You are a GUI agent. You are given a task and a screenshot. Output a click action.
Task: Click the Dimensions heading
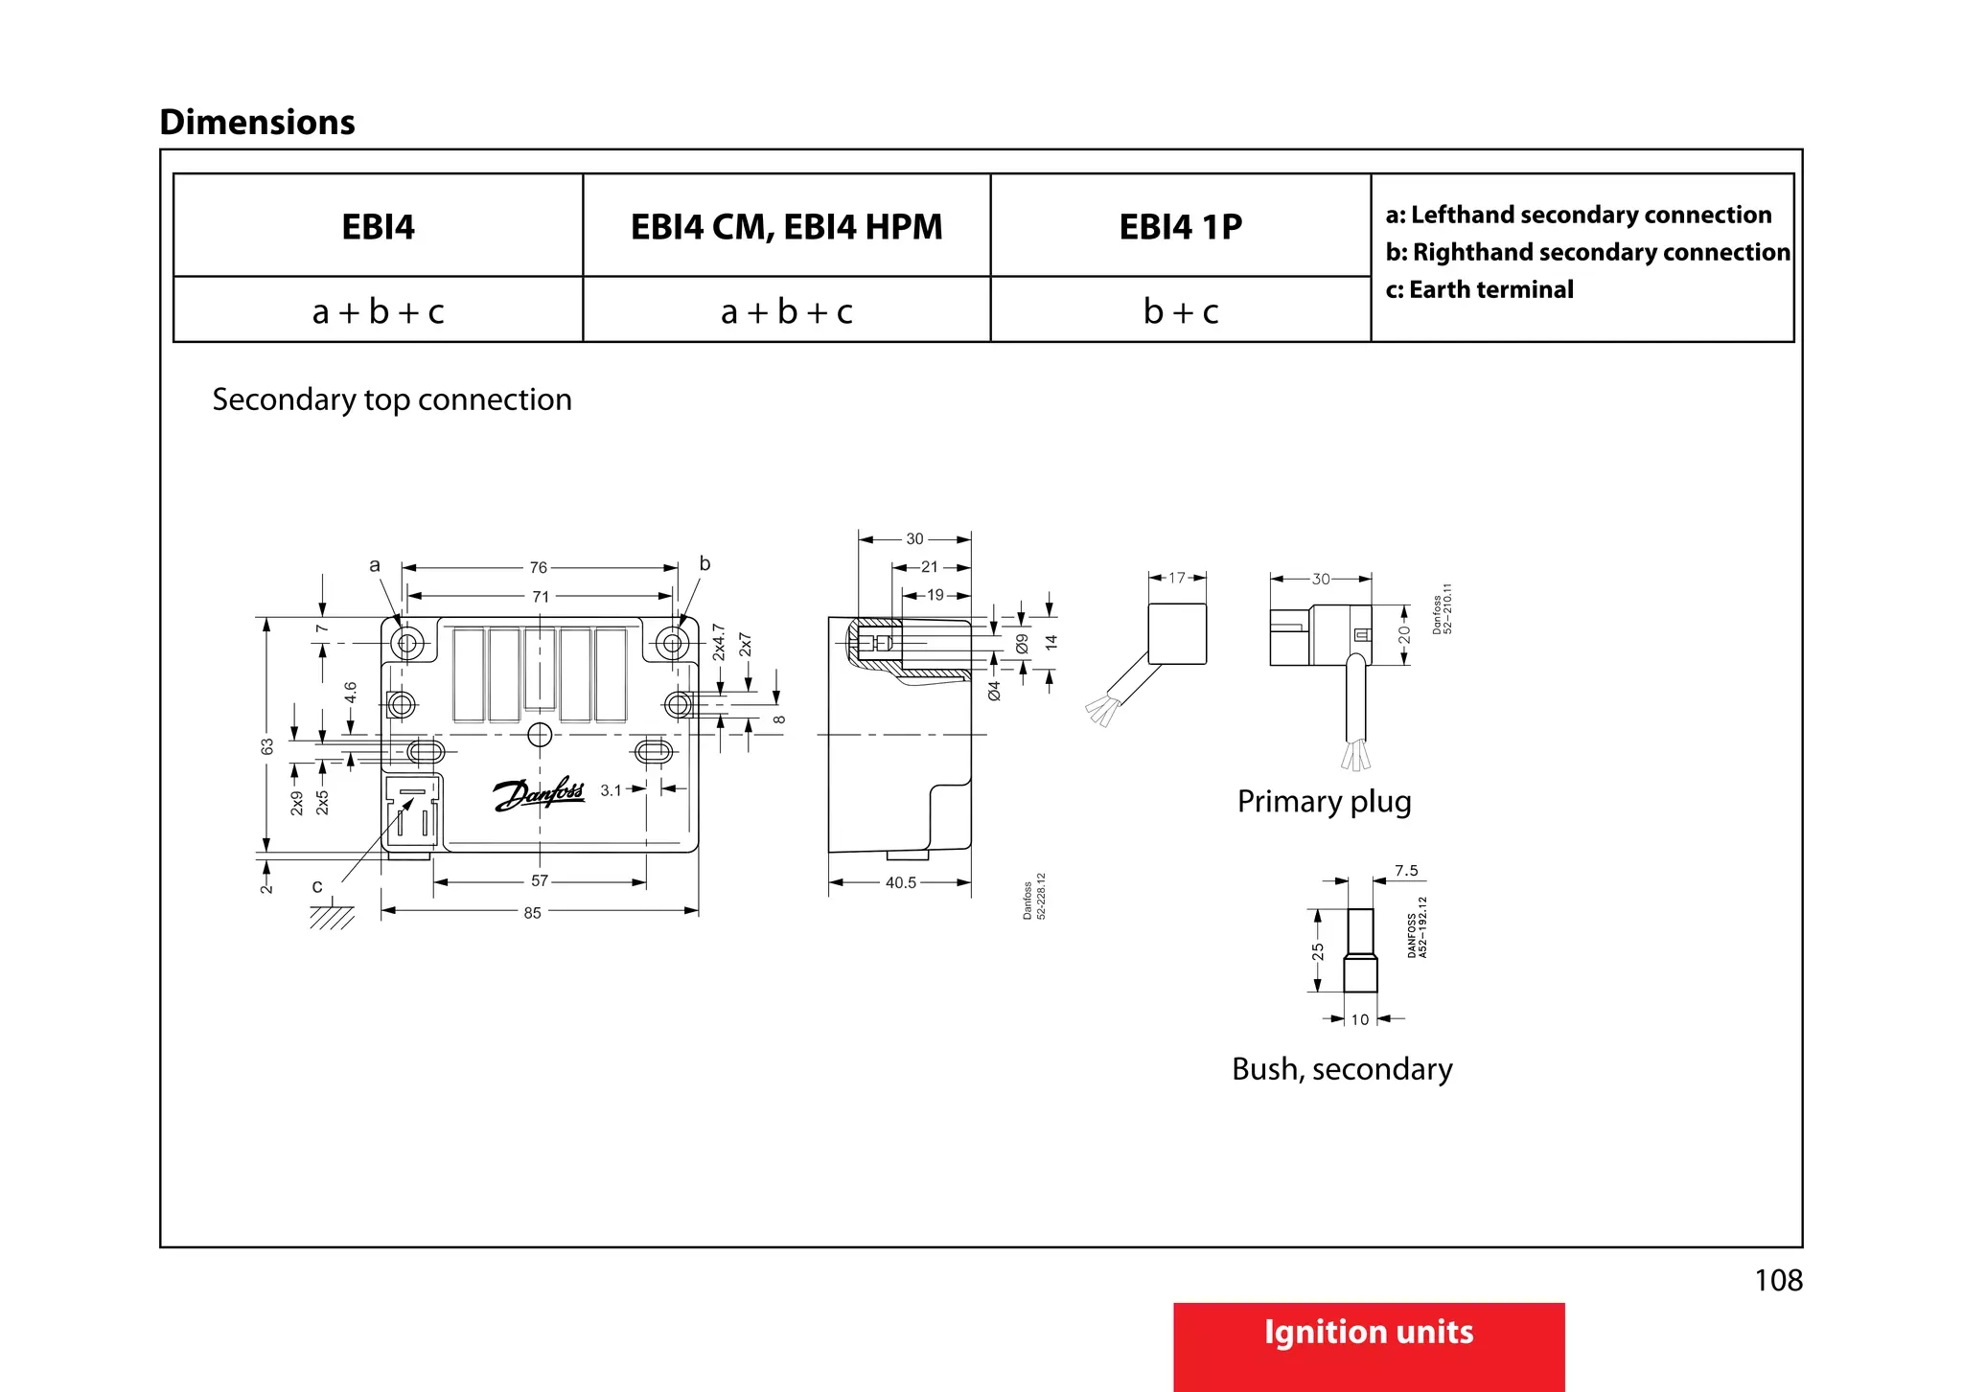tap(257, 123)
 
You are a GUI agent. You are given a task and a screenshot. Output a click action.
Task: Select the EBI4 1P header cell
tap(1180, 227)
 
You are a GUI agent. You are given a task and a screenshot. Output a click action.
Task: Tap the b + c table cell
tap(1180, 311)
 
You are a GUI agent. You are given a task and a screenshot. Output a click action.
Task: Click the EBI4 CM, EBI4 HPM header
tap(786, 227)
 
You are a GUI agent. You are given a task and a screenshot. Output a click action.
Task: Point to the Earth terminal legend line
tap(1479, 289)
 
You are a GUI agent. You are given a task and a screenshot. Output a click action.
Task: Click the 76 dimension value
tap(539, 568)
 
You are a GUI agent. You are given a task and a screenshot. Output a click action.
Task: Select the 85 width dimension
tap(532, 913)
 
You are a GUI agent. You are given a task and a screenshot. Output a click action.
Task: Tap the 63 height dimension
tap(267, 746)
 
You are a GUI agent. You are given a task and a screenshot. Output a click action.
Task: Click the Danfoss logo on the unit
tap(539, 794)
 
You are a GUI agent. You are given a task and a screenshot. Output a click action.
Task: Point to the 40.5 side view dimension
tap(900, 882)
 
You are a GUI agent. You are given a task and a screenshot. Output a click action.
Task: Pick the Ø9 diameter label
tap(1022, 644)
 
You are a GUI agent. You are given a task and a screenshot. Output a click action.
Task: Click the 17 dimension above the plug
tap(1177, 578)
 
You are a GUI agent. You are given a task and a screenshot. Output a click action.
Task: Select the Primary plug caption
tap(1324, 801)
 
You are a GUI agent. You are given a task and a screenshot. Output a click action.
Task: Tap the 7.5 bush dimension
tap(1406, 871)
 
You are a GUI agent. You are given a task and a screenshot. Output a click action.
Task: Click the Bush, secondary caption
tap(1342, 1068)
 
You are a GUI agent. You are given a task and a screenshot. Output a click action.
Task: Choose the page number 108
tap(1778, 1280)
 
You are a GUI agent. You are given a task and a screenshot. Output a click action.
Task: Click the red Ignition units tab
tap(1368, 1334)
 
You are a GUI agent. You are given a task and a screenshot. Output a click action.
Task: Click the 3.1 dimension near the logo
tap(611, 790)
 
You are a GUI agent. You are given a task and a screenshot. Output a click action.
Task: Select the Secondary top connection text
tap(392, 399)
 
